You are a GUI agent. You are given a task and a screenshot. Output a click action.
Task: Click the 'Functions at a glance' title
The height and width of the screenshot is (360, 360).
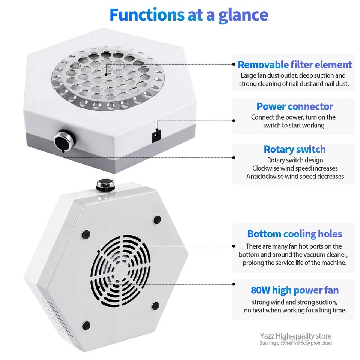pyautogui.click(x=189, y=15)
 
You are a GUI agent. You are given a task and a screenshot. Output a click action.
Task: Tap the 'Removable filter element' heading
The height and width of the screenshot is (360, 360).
pyautogui.click(x=295, y=65)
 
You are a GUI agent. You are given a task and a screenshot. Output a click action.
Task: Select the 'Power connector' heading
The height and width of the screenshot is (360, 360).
pyautogui.click(x=295, y=106)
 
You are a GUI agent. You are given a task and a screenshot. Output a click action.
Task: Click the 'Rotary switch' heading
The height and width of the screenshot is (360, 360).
pyautogui.click(x=295, y=149)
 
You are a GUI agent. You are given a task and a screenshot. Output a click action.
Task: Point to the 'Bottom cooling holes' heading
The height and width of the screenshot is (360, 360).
pyautogui.click(x=295, y=234)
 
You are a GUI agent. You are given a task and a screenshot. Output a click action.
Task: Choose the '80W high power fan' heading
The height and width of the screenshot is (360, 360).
pyautogui.click(x=295, y=290)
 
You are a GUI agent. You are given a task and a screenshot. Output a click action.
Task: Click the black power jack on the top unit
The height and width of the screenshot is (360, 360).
pyautogui.click(x=157, y=136)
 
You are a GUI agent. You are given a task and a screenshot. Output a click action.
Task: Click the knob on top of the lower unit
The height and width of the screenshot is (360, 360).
pyautogui.click(x=105, y=185)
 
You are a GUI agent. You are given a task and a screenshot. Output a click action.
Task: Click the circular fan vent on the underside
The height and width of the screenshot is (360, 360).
pyautogui.click(x=120, y=271)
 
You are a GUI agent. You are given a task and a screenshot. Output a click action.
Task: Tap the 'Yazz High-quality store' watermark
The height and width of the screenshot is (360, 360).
pyautogui.click(x=296, y=336)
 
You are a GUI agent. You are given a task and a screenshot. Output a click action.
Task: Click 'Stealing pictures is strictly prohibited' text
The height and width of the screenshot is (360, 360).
pyautogui.click(x=296, y=343)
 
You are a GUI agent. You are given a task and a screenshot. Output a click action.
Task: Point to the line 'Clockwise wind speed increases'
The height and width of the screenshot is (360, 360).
pyautogui.click(x=295, y=168)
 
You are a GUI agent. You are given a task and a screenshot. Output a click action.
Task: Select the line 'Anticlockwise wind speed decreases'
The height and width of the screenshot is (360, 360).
pyautogui.click(x=295, y=176)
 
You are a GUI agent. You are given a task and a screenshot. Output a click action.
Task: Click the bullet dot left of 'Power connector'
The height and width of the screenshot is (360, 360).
pyautogui.click(x=234, y=120)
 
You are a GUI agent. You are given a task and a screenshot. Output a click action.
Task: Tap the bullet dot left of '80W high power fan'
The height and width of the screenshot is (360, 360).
pyautogui.click(x=234, y=284)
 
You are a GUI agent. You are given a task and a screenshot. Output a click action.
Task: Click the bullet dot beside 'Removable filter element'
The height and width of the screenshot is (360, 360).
pyautogui.click(x=234, y=64)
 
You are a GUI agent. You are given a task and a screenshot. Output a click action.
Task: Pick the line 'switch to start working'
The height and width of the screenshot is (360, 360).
pyautogui.click(x=294, y=125)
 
